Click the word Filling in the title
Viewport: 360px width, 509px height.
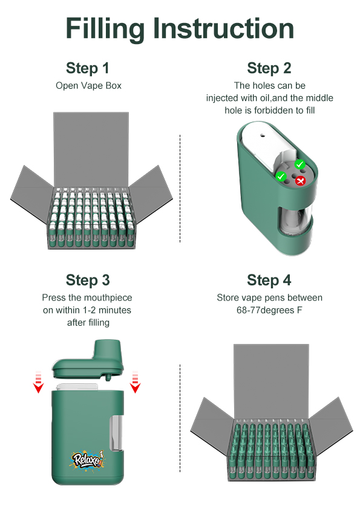click(105, 28)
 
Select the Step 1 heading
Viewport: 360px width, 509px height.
click(87, 68)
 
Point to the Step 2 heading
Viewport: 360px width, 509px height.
click(269, 68)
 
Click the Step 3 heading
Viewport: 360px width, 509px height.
click(88, 280)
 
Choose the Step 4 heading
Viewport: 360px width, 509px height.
click(269, 280)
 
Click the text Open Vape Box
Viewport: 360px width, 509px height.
click(89, 86)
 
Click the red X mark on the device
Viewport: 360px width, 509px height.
click(301, 181)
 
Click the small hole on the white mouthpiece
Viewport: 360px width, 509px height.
click(263, 135)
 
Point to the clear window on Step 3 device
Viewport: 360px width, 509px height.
click(117, 433)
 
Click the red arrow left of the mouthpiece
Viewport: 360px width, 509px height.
click(39, 382)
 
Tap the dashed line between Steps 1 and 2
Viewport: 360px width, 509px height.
click(180, 188)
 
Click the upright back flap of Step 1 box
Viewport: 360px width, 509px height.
click(91, 149)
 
